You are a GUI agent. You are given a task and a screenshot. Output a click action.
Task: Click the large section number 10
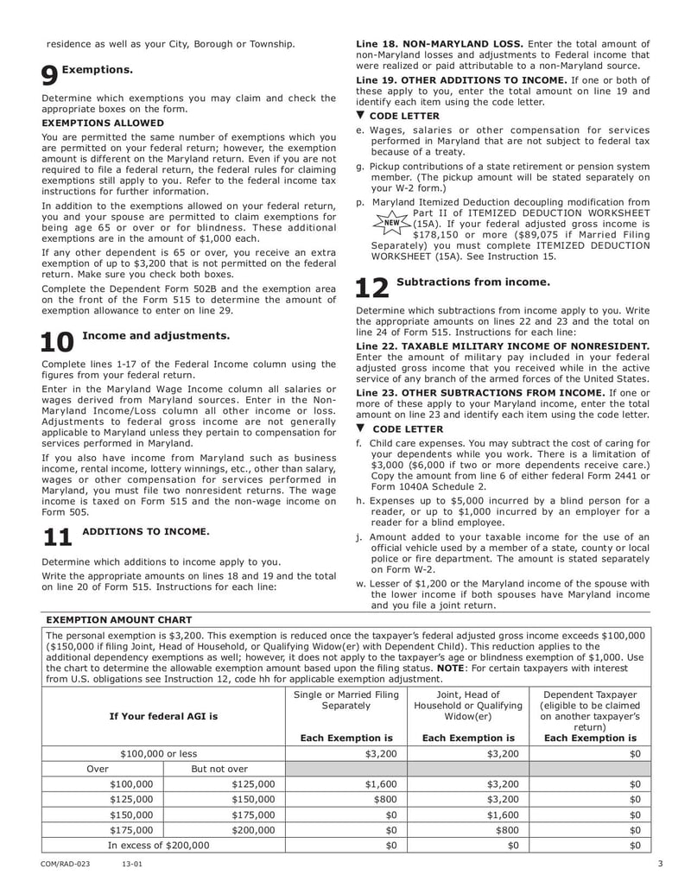point(59,342)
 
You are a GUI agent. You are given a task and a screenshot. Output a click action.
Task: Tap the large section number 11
point(57,537)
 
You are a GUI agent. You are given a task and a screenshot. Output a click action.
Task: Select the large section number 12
point(372,288)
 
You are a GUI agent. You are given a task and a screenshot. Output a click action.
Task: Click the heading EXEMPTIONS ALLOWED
point(103,123)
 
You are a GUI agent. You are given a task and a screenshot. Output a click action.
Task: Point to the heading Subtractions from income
point(472,282)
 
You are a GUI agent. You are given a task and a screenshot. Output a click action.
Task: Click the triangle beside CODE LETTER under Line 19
point(361,116)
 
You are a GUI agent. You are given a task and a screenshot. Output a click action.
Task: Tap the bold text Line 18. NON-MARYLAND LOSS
point(440,43)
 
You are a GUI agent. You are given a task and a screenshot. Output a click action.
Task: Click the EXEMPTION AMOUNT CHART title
point(118,619)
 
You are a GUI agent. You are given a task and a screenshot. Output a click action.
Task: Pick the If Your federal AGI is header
point(163,716)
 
